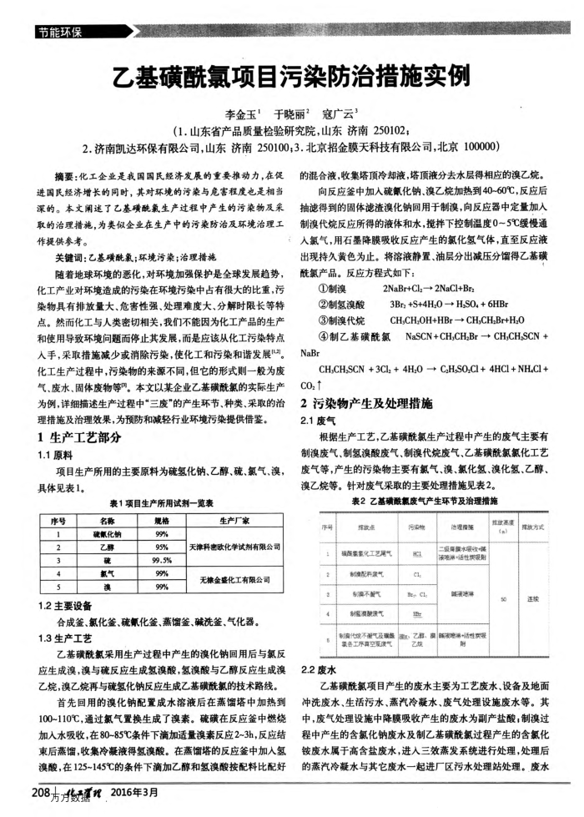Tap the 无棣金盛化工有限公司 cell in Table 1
[235, 582]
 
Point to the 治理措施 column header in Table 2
[461, 505]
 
